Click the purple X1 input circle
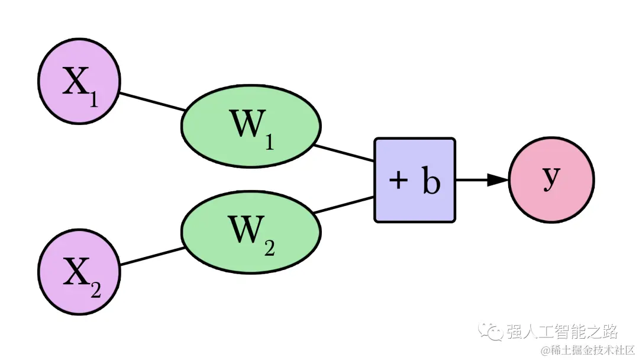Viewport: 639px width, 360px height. (x=79, y=82)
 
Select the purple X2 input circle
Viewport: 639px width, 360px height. (x=79, y=272)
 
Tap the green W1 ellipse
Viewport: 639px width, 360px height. (x=251, y=126)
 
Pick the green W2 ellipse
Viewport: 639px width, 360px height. (x=251, y=231)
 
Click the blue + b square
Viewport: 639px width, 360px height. (x=414, y=180)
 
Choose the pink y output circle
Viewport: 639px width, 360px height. (x=551, y=180)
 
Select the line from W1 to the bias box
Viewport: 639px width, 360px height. (x=344, y=153)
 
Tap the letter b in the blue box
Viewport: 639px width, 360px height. (x=431, y=181)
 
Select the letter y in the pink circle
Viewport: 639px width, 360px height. (x=551, y=178)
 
